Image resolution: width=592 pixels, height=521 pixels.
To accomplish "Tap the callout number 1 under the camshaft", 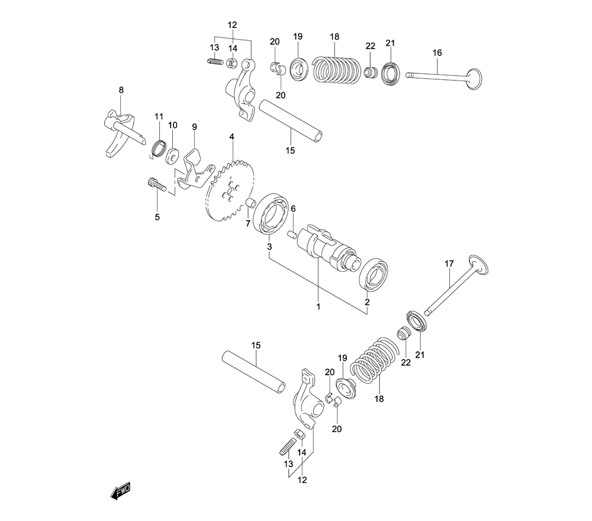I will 318,307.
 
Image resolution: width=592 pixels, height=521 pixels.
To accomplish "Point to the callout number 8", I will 121,90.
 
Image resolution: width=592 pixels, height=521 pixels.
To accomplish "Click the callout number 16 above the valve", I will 437,53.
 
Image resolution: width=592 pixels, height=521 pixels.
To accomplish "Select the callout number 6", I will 292,208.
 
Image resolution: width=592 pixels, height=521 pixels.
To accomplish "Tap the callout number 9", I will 194,127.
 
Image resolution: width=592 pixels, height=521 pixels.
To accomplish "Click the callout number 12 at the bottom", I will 303,480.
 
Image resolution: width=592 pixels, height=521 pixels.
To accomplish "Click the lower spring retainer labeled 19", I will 343,384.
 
